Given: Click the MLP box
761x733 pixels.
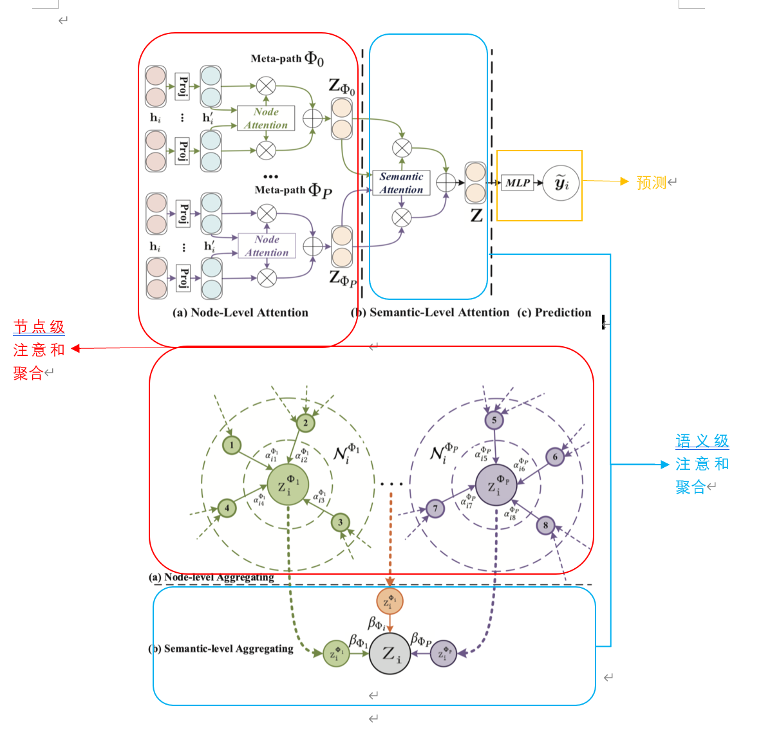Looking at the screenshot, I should tap(517, 183).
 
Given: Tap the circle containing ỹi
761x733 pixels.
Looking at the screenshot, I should tap(561, 183).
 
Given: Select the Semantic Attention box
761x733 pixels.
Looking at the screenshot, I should tap(401, 183).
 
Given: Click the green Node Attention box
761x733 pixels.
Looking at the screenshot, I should tap(266, 118).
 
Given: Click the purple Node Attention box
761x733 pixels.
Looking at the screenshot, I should tap(267, 246).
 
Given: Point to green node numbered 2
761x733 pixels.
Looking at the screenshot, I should tap(305, 423).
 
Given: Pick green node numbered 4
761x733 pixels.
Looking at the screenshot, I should tap(227, 508).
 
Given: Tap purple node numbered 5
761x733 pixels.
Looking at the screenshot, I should tap(494, 420).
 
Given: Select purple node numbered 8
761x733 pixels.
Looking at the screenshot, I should tap(545, 525).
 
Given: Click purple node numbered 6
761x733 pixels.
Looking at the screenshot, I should tap(555, 457).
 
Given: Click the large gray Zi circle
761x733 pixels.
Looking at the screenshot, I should tap(390, 654).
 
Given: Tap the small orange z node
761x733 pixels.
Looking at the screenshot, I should tap(390, 601).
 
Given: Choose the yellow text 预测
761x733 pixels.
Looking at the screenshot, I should tap(651, 183).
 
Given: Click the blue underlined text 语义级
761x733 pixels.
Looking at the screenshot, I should tap(702, 441).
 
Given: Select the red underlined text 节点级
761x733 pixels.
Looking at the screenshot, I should tap(39, 327).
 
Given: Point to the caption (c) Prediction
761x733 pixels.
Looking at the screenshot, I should tap(554, 313).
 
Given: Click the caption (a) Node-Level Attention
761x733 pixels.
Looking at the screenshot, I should tap(240, 313).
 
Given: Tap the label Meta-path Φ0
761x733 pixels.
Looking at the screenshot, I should tap(287, 59).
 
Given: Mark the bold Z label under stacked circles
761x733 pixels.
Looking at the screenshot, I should tap(476, 216).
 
